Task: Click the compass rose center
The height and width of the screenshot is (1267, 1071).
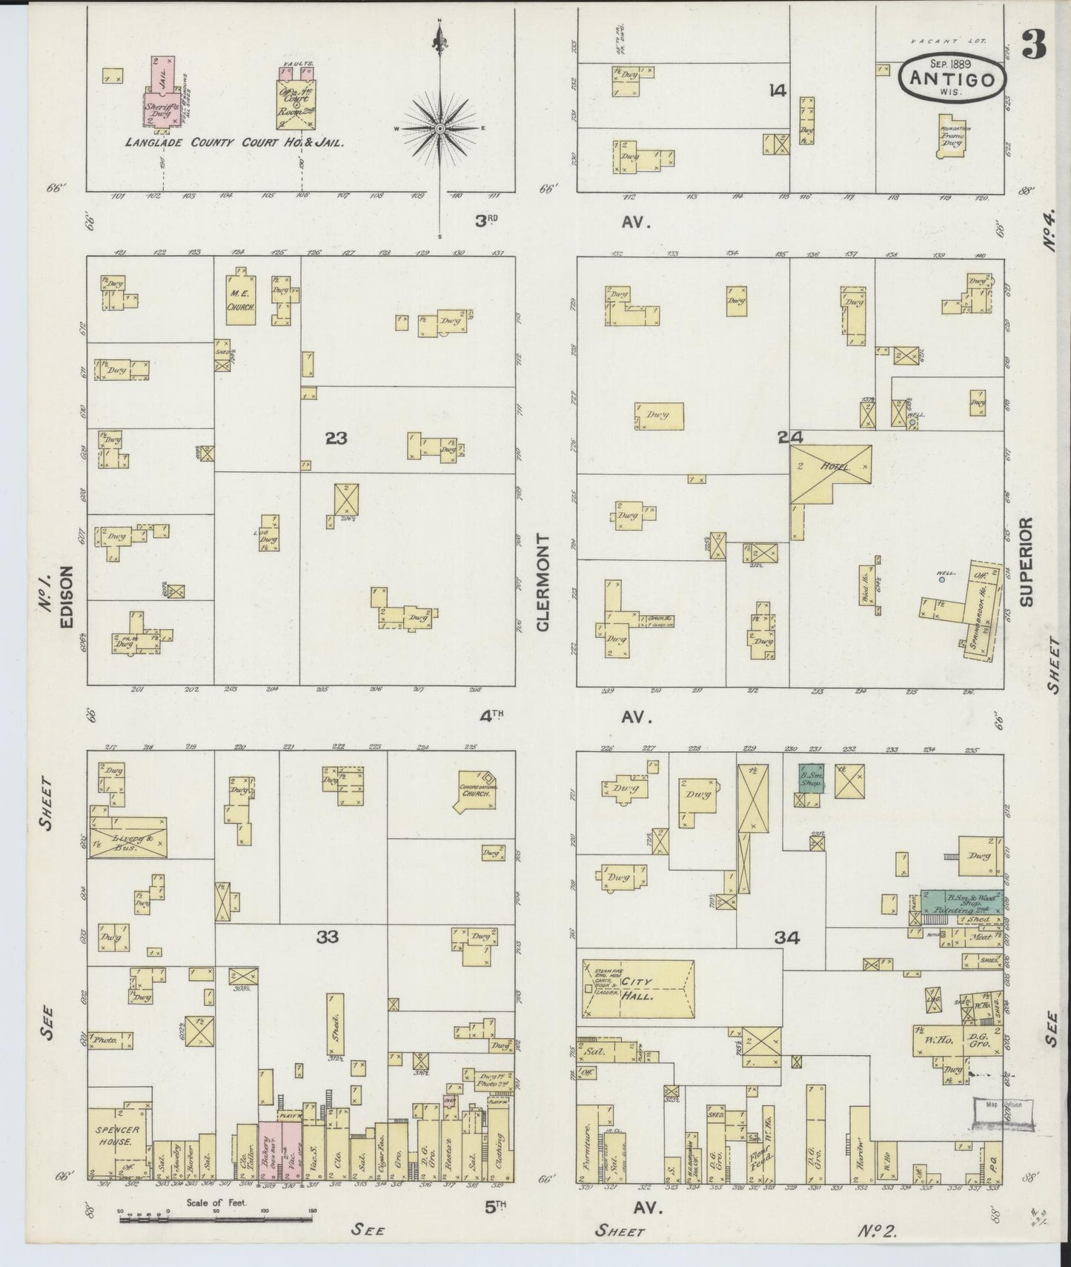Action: tap(440, 129)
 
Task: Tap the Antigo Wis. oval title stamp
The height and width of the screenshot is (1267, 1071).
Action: tap(952, 80)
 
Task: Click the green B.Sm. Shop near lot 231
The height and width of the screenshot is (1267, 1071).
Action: tap(812, 778)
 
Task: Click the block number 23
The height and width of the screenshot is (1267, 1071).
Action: tap(335, 439)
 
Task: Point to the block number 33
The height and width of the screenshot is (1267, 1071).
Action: tap(327, 937)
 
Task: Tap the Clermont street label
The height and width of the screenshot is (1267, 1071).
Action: tap(544, 583)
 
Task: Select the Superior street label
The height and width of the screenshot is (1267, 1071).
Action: tap(1026, 562)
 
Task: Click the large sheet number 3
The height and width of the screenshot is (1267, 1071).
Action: tap(1033, 47)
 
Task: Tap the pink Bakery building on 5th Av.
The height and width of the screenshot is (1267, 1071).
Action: tap(269, 1157)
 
